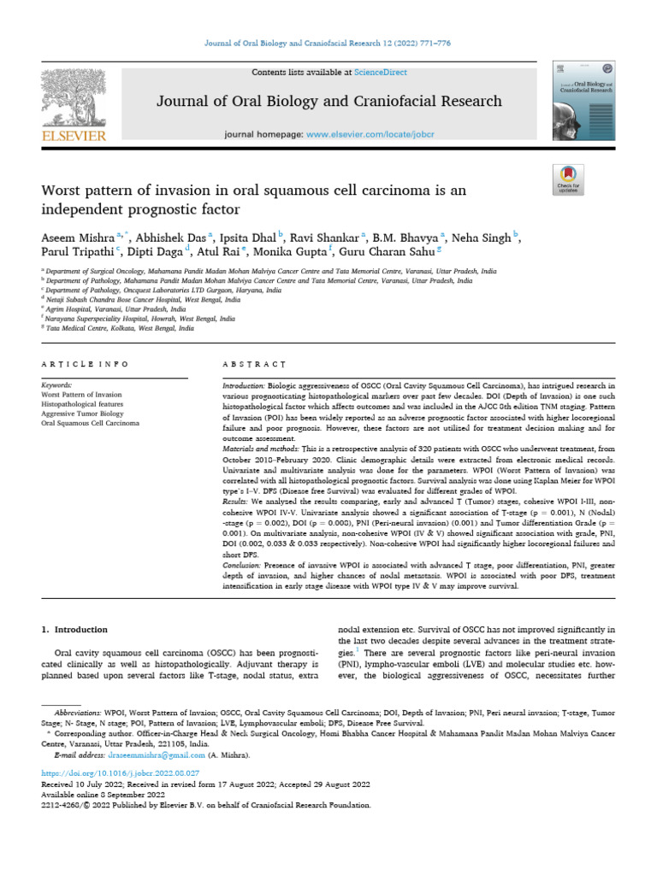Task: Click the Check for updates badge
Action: coord(568,179)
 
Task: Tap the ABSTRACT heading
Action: coord(248,365)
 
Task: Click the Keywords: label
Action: coord(56,386)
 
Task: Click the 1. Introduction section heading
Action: coord(75,630)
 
